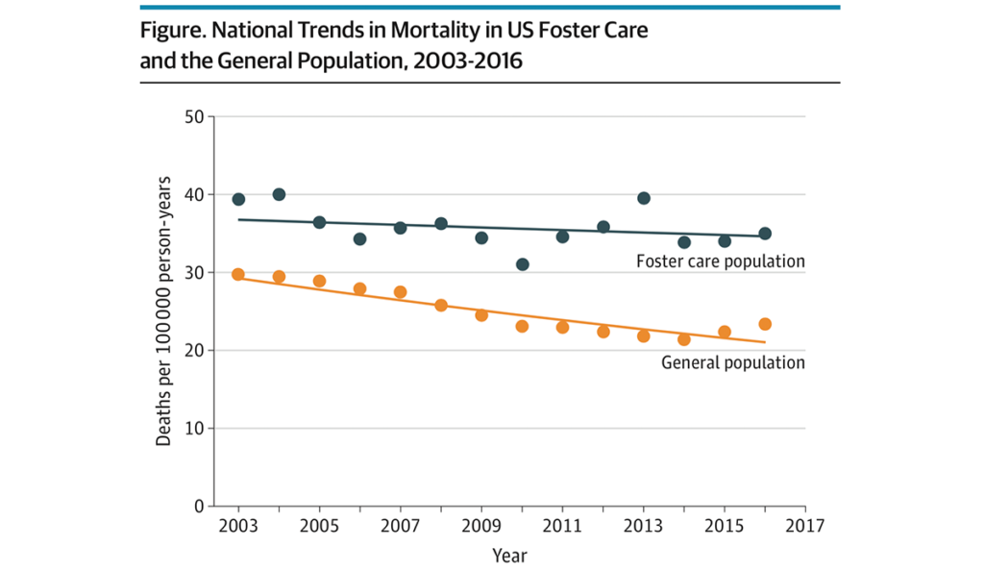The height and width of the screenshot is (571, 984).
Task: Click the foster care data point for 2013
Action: pyautogui.click(x=644, y=198)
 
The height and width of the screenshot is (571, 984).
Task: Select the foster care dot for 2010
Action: pyautogui.click(x=522, y=264)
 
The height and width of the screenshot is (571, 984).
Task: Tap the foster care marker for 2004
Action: pyautogui.click(x=280, y=194)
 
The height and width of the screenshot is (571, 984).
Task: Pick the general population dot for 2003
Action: pyautogui.click(x=238, y=275)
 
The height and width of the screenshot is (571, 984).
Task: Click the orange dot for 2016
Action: pyautogui.click(x=765, y=324)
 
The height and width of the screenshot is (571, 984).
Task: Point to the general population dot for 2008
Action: pyautogui.click(x=441, y=306)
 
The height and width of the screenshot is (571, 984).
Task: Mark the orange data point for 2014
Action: pyautogui.click(x=684, y=339)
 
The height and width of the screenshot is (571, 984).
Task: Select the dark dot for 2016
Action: pyautogui.click(x=765, y=234)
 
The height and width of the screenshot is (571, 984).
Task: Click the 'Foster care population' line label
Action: pyautogui.click(x=720, y=261)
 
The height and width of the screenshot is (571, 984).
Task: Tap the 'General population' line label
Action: pyautogui.click(x=733, y=363)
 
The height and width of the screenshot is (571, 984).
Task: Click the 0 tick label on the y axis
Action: pyautogui.click(x=198, y=506)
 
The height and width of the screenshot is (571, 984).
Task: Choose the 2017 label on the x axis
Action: pyautogui.click(x=805, y=527)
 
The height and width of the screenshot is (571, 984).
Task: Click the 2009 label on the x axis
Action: pyautogui.click(x=481, y=527)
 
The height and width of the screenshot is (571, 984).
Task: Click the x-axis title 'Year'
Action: pyautogui.click(x=509, y=556)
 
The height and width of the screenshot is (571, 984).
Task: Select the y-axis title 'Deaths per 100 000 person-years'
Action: pyautogui.click(x=164, y=310)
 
